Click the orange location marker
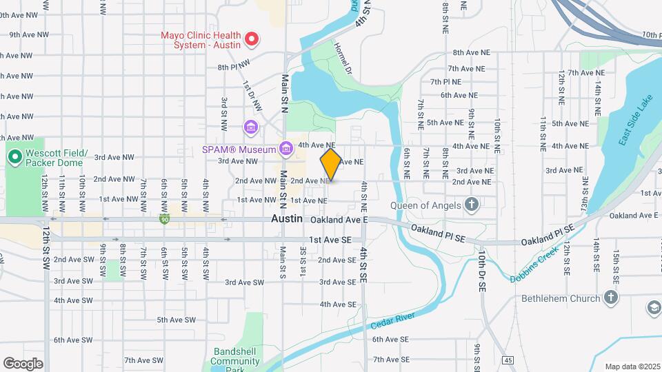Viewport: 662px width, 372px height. (x=331, y=165)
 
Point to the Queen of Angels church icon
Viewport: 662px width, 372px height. (x=472, y=204)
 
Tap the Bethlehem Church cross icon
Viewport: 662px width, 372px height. (x=610, y=298)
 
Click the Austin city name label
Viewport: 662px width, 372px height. (x=286, y=218)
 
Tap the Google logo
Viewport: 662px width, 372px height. (x=22, y=363)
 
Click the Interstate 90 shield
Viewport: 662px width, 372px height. (x=163, y=220)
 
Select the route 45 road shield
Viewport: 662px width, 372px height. (x=508, y=360)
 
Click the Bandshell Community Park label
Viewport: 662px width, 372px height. (x=234, y=360)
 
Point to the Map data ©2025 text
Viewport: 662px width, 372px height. (x=632, y=366)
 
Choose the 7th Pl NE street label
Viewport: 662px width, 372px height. (x=445, y=81)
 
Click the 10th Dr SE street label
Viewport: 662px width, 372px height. (x=482, y=269)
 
